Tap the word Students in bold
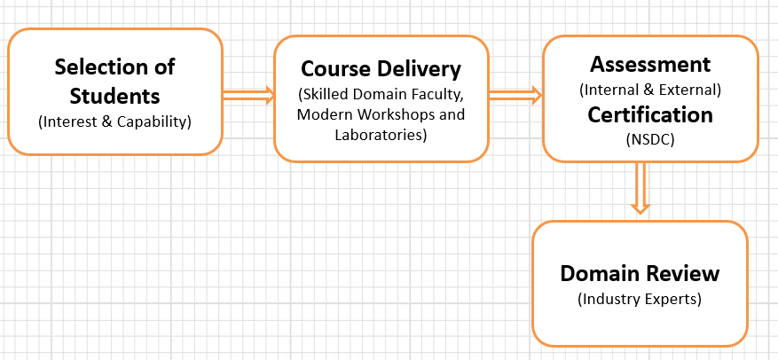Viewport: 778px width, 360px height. point(114,94)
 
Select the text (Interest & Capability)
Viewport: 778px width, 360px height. point(114,121)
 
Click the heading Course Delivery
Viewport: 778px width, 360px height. point(381,68)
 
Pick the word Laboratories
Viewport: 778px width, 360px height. point(381,135)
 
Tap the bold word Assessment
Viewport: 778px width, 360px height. point(650,65)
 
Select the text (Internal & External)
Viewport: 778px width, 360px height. point(650,90)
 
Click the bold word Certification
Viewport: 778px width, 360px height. point(650,114)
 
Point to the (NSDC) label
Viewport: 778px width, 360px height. point(650,138)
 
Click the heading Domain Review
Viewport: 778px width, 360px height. point(639,273)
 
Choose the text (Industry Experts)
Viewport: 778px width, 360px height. point(639,299)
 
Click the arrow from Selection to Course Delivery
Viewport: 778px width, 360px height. point(248,94)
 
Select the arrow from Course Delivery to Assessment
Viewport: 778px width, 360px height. point(515,94)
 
